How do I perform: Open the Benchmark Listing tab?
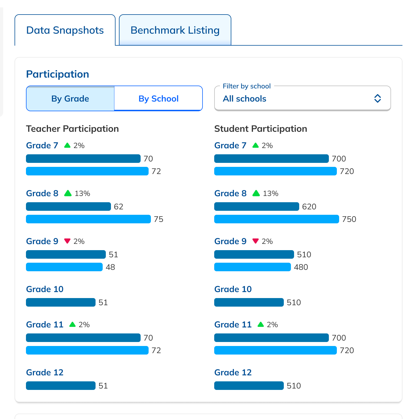point(175,30)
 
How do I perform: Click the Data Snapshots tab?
point(65,30)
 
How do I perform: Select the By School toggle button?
point(158,99)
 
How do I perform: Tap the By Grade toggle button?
point(70,99)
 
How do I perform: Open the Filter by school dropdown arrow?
point(377,98)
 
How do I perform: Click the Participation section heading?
point(58,74)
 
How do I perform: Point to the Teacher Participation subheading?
point(72,129)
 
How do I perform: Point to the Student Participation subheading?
point(260,129)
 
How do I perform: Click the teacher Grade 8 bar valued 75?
point(88,219)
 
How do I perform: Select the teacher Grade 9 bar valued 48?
point(64,267)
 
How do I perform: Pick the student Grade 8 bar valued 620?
point(256,207)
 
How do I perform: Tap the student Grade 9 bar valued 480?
point(252,267)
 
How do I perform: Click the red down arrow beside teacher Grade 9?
point(67,241)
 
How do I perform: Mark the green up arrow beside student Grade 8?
point(256,193)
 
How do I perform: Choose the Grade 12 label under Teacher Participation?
point(45,373)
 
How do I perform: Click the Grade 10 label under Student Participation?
point(233,289)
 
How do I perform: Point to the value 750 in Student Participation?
point(349,219)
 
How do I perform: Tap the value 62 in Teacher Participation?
point(118,207)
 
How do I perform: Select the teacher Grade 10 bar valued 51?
point(60,302)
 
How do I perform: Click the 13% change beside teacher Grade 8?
point(82,193)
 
